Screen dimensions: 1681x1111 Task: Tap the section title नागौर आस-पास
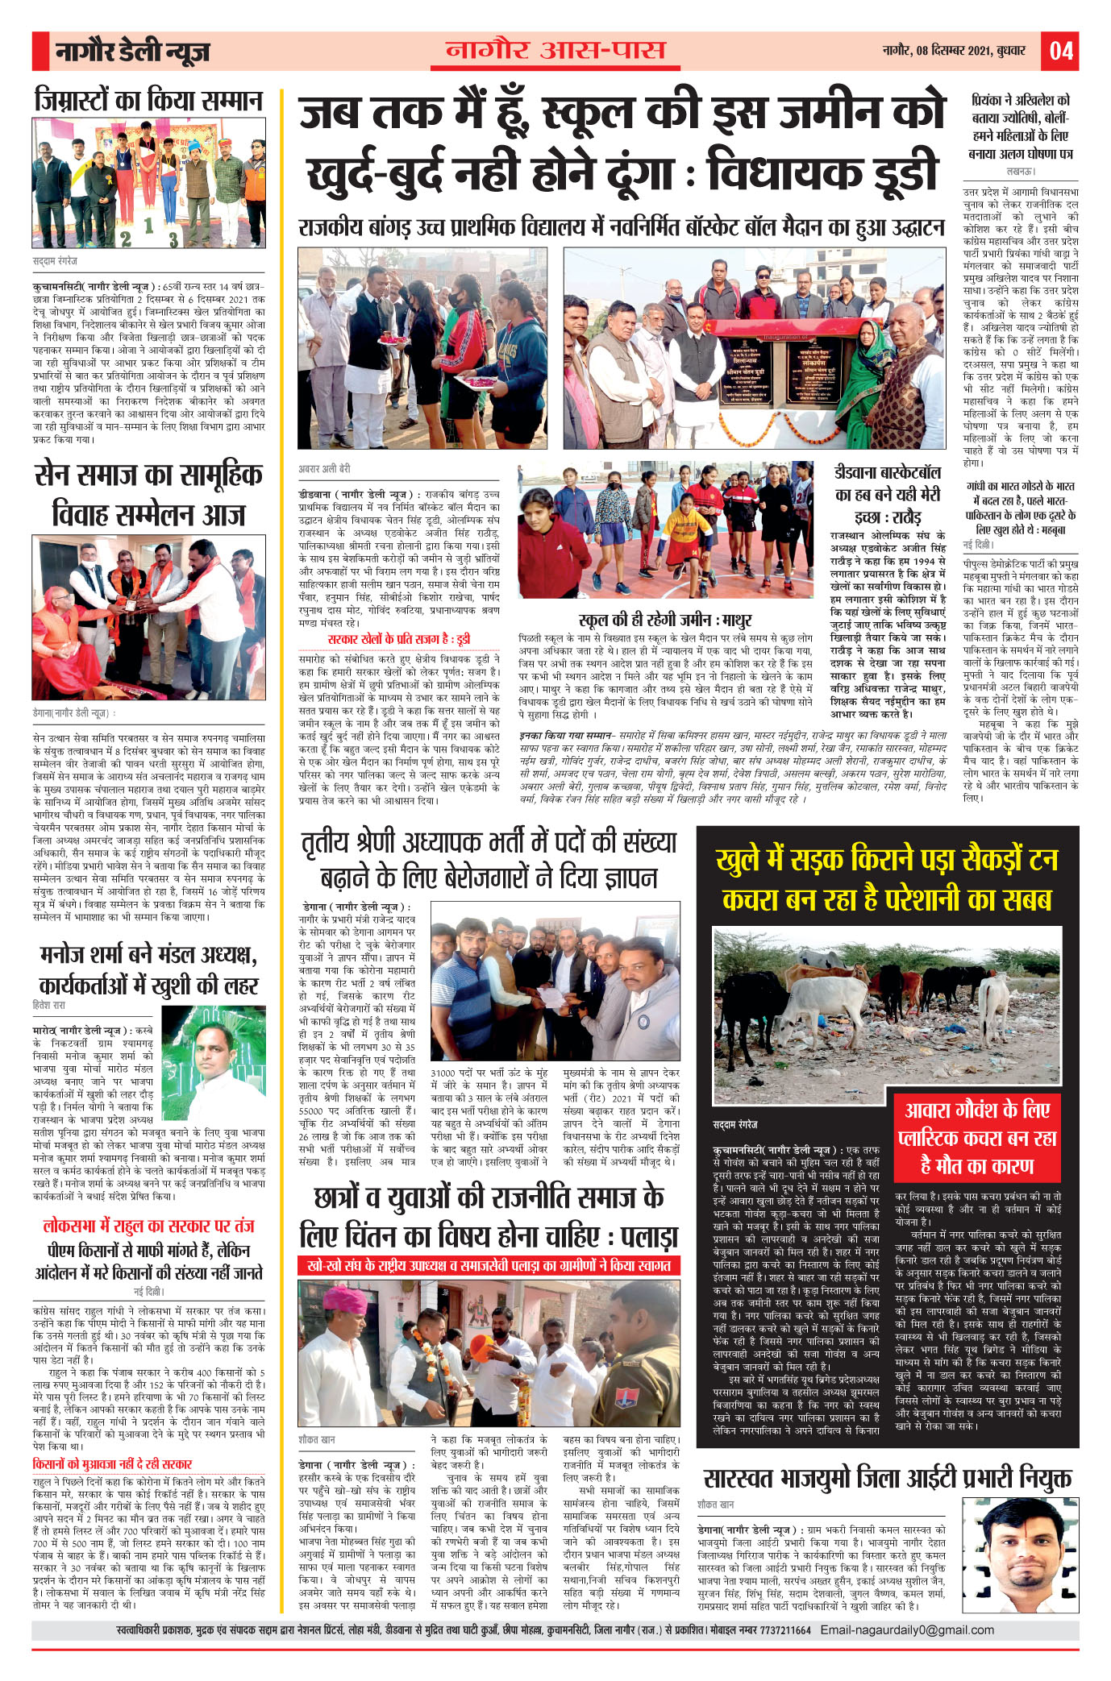tap(555, 50)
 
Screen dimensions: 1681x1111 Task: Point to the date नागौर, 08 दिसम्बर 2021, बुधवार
tap(954, 51)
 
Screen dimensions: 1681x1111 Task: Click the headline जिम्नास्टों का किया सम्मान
tap(149, 100)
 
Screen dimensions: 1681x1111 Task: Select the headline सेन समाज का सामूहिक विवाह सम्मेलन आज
tap(149, 494)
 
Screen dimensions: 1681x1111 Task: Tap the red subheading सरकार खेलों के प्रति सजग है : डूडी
tap(398, 639)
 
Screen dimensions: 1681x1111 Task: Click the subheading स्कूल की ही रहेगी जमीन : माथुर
tap(665, 620)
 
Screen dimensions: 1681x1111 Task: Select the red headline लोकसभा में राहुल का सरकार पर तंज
tap(148, 1226)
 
